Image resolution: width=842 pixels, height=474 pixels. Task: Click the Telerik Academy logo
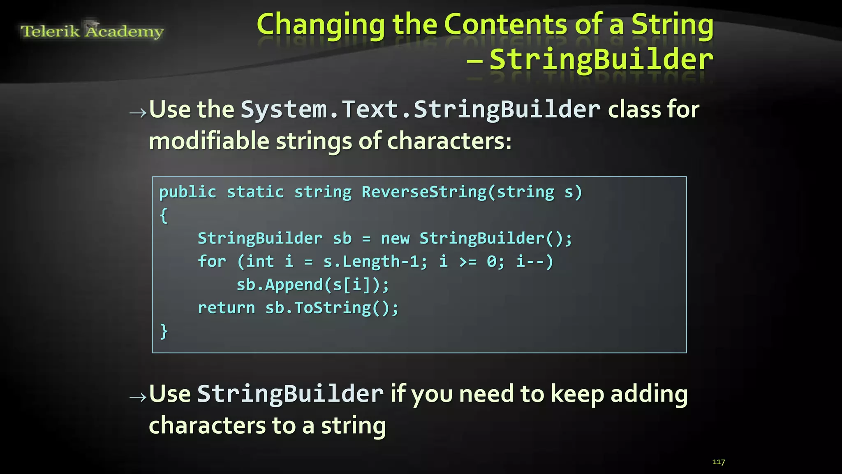(92, 31)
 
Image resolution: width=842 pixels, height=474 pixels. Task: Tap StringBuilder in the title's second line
(601, 60)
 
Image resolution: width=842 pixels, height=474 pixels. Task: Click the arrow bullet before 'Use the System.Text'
(138, 112)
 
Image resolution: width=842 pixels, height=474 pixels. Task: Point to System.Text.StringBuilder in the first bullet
(420, 110)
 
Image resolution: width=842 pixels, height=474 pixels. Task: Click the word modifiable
(209, 141)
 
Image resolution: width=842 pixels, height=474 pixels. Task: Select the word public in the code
(187, 192)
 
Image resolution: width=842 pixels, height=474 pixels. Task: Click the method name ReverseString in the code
(424, 192)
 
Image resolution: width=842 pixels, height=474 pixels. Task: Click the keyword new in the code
(395, 239)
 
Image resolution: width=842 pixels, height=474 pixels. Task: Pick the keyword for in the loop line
(212, 262)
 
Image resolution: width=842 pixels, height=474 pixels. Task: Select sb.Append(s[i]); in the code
(312, 285)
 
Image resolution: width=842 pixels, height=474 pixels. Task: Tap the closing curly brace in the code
(164, 331)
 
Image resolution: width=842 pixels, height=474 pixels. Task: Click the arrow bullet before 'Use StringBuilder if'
(138, 397)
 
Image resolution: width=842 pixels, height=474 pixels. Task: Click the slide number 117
(718, 462)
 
